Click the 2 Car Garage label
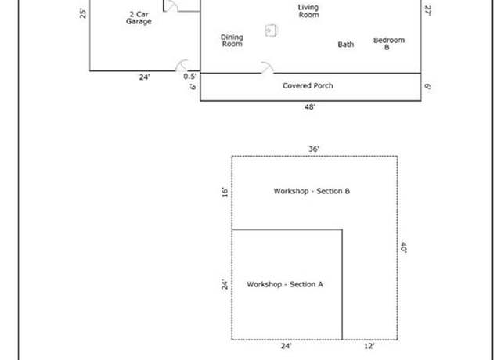click(x=139, y=18)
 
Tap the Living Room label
click(x=308, y=11)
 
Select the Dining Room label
click(x=232, y=41)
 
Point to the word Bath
click(x=346, y=45)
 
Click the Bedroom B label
click(x=389, y=44)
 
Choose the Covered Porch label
click(x=308, y=85)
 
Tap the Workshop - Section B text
click(x=312, y=191)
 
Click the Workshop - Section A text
click(x=285, y=284)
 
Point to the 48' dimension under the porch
click(x=310, y=107)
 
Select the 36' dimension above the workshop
click(x=314, y=149)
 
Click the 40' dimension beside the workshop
click(x=404, y=247)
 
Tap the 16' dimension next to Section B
click(x=225, y=193)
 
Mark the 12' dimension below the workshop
click(x=369, y=346)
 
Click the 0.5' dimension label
click(x=189, y=77)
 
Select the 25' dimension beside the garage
click(x=83, y=14)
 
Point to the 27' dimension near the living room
click(x=428, y=11)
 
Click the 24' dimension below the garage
click(x=144, y=77)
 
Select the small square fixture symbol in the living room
click(x=271, y=31)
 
